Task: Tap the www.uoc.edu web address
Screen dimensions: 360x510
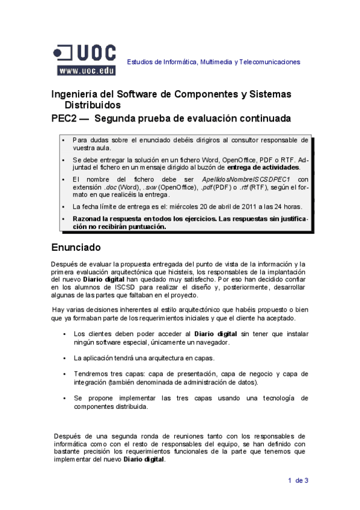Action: pos(87,70)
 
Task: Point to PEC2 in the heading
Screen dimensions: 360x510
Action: pos(64,118)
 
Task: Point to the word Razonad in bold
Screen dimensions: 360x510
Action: pos(88,219)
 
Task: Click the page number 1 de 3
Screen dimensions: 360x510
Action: pos(298,480)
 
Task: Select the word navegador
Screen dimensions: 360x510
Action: pos(212,342)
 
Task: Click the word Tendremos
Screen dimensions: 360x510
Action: pos(90,373)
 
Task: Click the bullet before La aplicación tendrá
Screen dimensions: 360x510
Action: pos(64,358)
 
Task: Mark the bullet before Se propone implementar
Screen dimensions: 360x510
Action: pos(64,399)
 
